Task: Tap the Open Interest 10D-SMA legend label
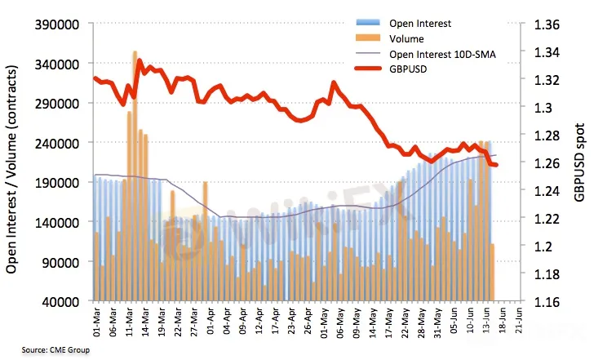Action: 443,55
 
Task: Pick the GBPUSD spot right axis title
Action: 579,163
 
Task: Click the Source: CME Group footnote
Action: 56,350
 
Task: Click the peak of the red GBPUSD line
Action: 140,60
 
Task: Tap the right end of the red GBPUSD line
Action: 496,166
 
